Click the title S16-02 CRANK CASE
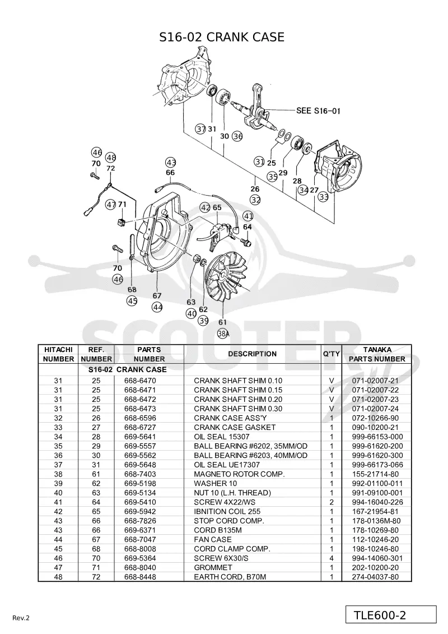point(222,37)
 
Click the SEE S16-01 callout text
point(318,110)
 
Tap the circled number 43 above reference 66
point(171,163)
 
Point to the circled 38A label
point(223,334)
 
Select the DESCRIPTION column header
point(253,354)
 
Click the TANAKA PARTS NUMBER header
point(377,354)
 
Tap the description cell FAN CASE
point(213,539)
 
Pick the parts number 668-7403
point(140,474)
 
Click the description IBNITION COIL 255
point(227,511)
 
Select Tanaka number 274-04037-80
point(375,577)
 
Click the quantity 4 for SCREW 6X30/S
point(332,558)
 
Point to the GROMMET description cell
point(213,567)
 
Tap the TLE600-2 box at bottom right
point(391,614)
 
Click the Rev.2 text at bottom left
point(21,618)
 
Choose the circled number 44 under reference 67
point(157,307)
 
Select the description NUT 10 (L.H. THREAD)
point(232,493)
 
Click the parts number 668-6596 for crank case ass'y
point(140,418)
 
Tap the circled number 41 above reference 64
point(248,216)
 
